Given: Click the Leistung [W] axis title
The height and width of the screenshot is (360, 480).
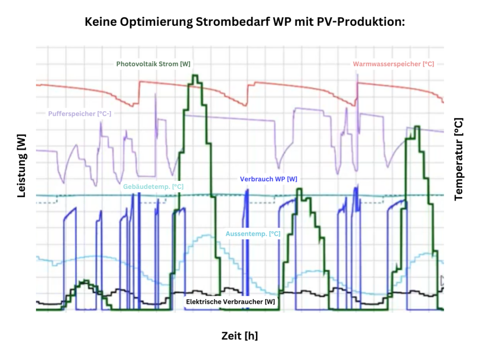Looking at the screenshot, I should [x=22, y=166].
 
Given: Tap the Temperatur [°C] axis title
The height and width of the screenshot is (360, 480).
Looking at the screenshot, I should [x=458, y=159].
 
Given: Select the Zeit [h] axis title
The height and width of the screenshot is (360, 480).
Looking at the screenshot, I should [x=240, y=336].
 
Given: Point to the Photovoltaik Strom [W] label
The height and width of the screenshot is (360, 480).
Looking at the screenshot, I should [x=153, y=64].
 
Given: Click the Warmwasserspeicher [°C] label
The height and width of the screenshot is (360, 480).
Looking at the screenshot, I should [x=393, y=64].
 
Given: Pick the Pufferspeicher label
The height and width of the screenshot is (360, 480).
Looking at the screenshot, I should [x=80, y=113].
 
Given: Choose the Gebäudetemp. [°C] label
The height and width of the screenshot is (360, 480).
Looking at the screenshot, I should [x=153, y=187].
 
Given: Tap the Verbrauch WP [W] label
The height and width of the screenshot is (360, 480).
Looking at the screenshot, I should [x=268, y=179].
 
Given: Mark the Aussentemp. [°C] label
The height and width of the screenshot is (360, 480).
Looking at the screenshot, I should [x=253, y=233].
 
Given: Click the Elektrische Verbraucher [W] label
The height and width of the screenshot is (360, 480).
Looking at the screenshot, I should [x=231, y=302].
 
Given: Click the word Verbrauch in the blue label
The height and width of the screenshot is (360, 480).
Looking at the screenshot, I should [x=255, y=179].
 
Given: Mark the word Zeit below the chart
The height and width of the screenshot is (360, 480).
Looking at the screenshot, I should [x=232, y=336].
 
